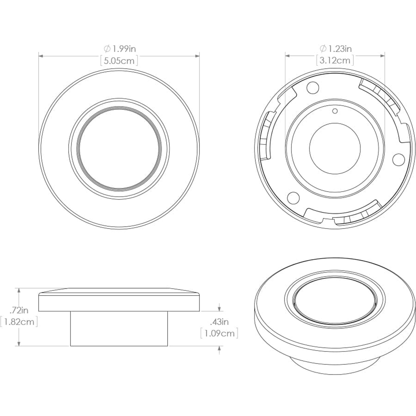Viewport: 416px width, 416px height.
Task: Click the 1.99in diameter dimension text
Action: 123,49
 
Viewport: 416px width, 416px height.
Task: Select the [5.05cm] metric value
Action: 119,61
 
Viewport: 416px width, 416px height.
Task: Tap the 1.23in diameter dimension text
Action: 339,49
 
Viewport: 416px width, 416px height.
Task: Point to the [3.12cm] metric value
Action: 335,61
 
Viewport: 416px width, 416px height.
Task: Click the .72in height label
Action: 20,310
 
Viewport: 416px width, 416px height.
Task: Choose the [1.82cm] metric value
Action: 20,322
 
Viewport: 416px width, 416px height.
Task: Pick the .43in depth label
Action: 219,322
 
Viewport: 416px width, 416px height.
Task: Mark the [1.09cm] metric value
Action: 219,333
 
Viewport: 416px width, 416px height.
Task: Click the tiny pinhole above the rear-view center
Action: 335,111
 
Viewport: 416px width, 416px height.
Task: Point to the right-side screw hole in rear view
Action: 398,158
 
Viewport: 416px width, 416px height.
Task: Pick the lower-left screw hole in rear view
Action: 294,197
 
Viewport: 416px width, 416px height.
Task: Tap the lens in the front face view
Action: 119,149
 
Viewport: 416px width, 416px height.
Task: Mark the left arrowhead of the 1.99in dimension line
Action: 41,55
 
